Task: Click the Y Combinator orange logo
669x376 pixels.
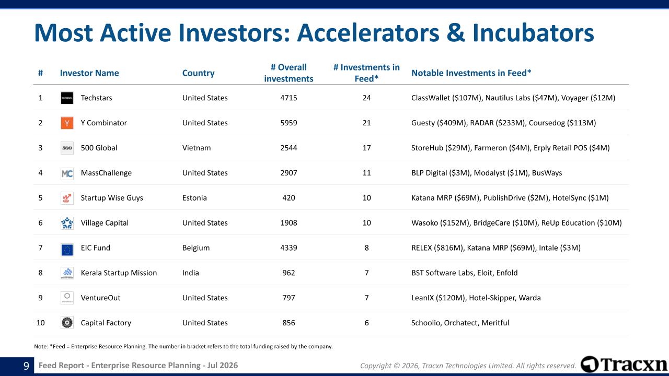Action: tap(67, 123)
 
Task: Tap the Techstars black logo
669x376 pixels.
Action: tap(67, 98)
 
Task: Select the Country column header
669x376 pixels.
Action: tap(198, 73)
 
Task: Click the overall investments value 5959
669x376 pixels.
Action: tap(289, 123)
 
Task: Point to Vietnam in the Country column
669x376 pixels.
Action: tap(197, 148)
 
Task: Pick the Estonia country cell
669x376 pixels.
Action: tap(194, 198)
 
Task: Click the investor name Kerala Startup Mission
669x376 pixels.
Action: tap(119, 273)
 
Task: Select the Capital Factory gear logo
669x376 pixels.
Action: tap(67, 323)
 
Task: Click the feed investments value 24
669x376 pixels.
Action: tap(366, 98)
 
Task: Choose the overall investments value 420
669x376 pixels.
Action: tap(289, 198)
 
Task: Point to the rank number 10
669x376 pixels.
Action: tap(40, 323)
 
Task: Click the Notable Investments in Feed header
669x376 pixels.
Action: tap(471, 73)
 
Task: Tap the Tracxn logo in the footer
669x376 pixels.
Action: tap(624, 365)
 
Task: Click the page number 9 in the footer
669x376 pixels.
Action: tap(26, 366)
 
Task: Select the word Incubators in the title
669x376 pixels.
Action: tap(533, 33)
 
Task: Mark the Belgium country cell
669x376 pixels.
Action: tap(196, 248)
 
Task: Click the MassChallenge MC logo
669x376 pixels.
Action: tap(67, 173)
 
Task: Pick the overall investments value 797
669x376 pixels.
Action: tap(289, 298)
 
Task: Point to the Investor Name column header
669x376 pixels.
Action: tap(89, 73)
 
